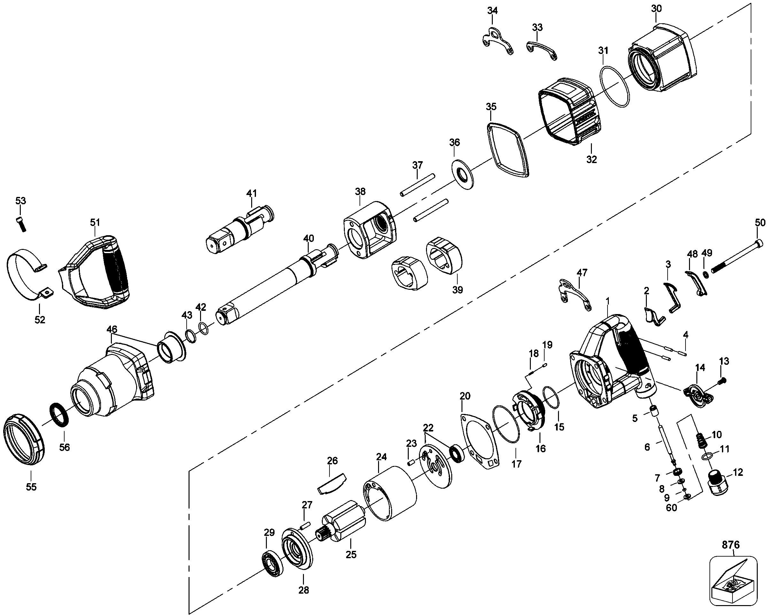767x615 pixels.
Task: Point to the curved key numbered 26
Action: pyautogui.click(x=331, y=484)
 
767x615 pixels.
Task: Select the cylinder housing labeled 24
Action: pyautogui.click(x=390, y=496)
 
